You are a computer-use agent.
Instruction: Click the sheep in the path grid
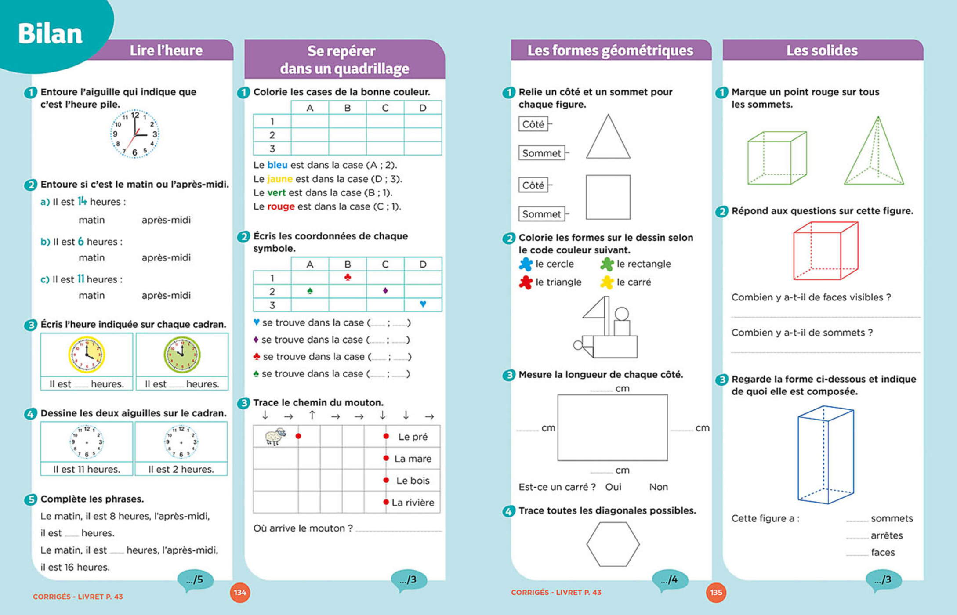275,436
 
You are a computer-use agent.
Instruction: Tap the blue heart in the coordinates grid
423,304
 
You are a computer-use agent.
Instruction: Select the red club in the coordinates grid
348,277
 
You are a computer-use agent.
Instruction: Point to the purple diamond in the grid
385,291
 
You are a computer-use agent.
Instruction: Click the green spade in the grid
310,291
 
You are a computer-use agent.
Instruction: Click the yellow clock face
87,354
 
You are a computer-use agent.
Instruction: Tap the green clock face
182,354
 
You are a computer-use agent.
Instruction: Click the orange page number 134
240,593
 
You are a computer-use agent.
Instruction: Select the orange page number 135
716,593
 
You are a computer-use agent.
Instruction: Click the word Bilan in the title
50,34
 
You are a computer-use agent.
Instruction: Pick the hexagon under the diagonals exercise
613,544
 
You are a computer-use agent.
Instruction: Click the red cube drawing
826,251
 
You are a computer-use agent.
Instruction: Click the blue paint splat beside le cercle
526,264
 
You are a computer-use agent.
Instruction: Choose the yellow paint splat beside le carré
607,282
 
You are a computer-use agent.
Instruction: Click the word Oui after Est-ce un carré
613,487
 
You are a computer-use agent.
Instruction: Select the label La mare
413,459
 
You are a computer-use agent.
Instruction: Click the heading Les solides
822,51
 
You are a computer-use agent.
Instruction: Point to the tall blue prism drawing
826,455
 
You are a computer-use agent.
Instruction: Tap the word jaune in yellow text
280,179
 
